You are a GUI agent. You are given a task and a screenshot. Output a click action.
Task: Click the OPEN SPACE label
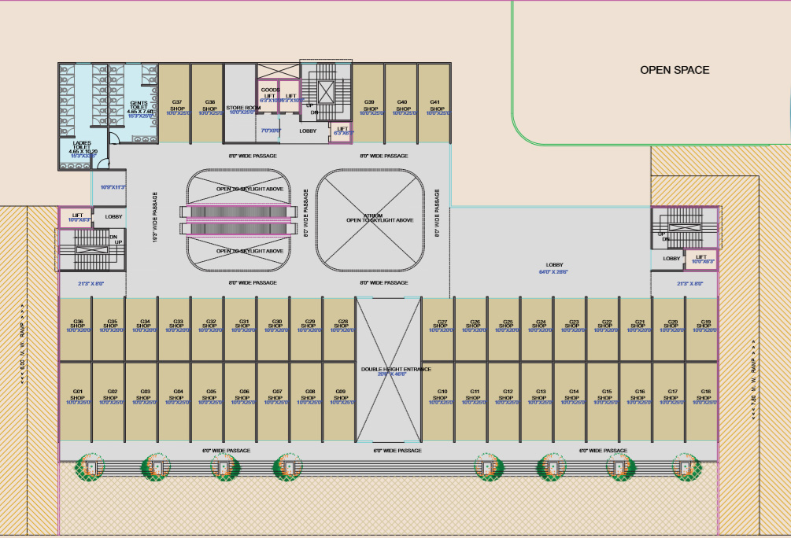coord(675,70)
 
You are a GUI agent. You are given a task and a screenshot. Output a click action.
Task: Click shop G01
coord(78,396)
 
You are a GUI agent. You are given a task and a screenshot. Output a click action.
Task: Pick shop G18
coord(705,396)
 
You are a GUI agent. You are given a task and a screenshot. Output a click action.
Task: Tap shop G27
coord(442,326)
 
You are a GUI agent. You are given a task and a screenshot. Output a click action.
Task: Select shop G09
coord(340,396)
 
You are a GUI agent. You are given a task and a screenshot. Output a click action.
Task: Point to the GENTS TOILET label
coord(138,106)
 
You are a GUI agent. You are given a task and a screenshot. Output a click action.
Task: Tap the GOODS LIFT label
coord(270,94)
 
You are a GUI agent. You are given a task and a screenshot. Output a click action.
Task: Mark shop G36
coord(78,326)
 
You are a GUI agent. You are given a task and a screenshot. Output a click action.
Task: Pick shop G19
coord(705,326)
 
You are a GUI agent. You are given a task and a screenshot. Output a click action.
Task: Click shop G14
coord(574,396)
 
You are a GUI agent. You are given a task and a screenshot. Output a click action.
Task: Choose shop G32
coord(211,326)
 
